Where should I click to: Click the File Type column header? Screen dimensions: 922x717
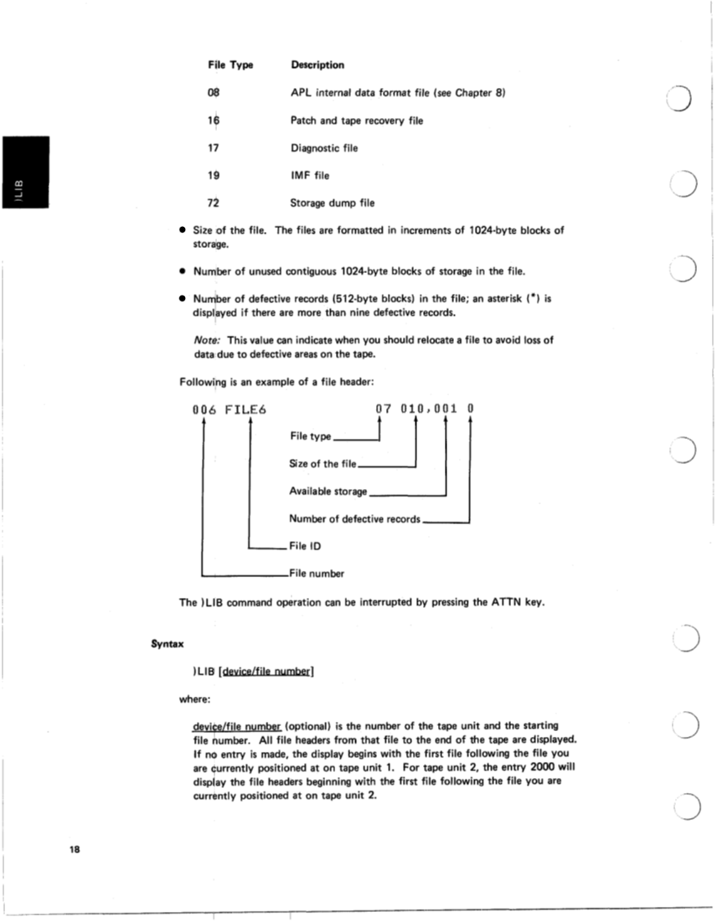click(x=230, y=64)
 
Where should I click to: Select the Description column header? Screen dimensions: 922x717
click(x=317, y=64)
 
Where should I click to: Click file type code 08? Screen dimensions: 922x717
click(x=213, y=92)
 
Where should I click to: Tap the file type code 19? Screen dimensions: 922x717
click(x=213, y=175)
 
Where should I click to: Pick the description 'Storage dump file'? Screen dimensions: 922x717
click(x=333, y=203)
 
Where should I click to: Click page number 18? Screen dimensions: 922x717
click(x=75, y=849)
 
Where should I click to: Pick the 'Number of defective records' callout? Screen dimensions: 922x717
click(x=354, y=519)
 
